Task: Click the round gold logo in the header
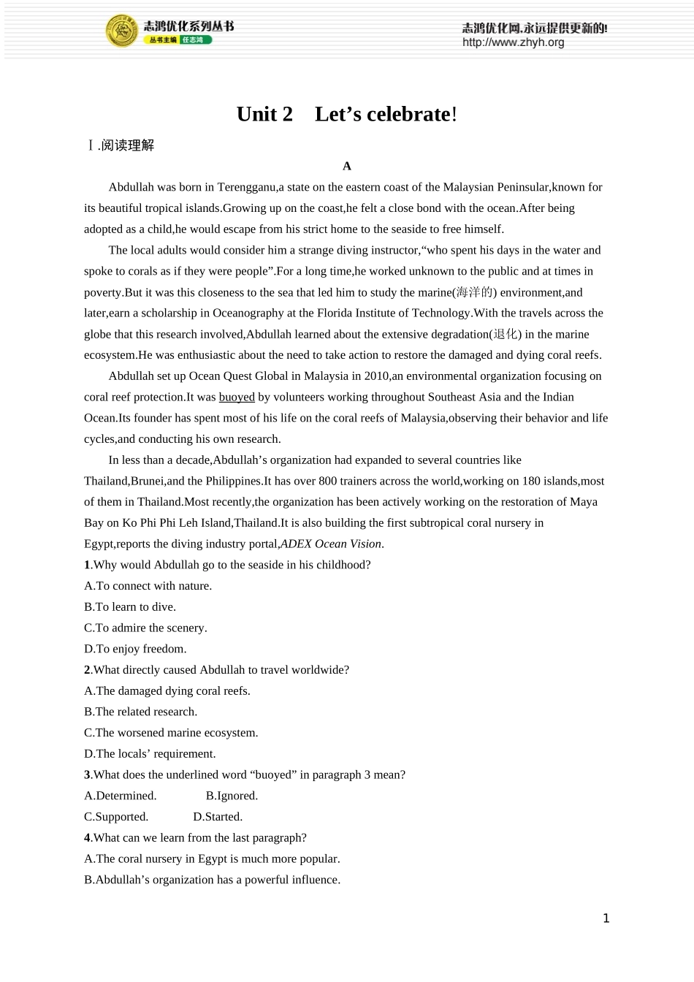pos(122,31)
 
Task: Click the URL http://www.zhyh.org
pos(513,42)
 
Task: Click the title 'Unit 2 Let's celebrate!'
pos(346,114)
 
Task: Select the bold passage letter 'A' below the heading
pos(347,166)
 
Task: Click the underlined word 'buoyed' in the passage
pos(237,397)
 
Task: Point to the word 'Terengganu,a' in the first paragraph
pos(251,187)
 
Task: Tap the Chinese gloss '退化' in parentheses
pos(506,334)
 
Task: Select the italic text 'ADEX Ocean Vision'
pos(331,544)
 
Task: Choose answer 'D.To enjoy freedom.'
pos(135,649)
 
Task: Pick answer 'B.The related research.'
pos(140,712)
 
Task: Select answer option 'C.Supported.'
pos(116,817)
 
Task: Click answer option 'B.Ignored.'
pos(232,796)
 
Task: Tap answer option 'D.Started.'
pos(218,817)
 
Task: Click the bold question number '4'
pos(87,838)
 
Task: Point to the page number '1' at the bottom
pos(606,918)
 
